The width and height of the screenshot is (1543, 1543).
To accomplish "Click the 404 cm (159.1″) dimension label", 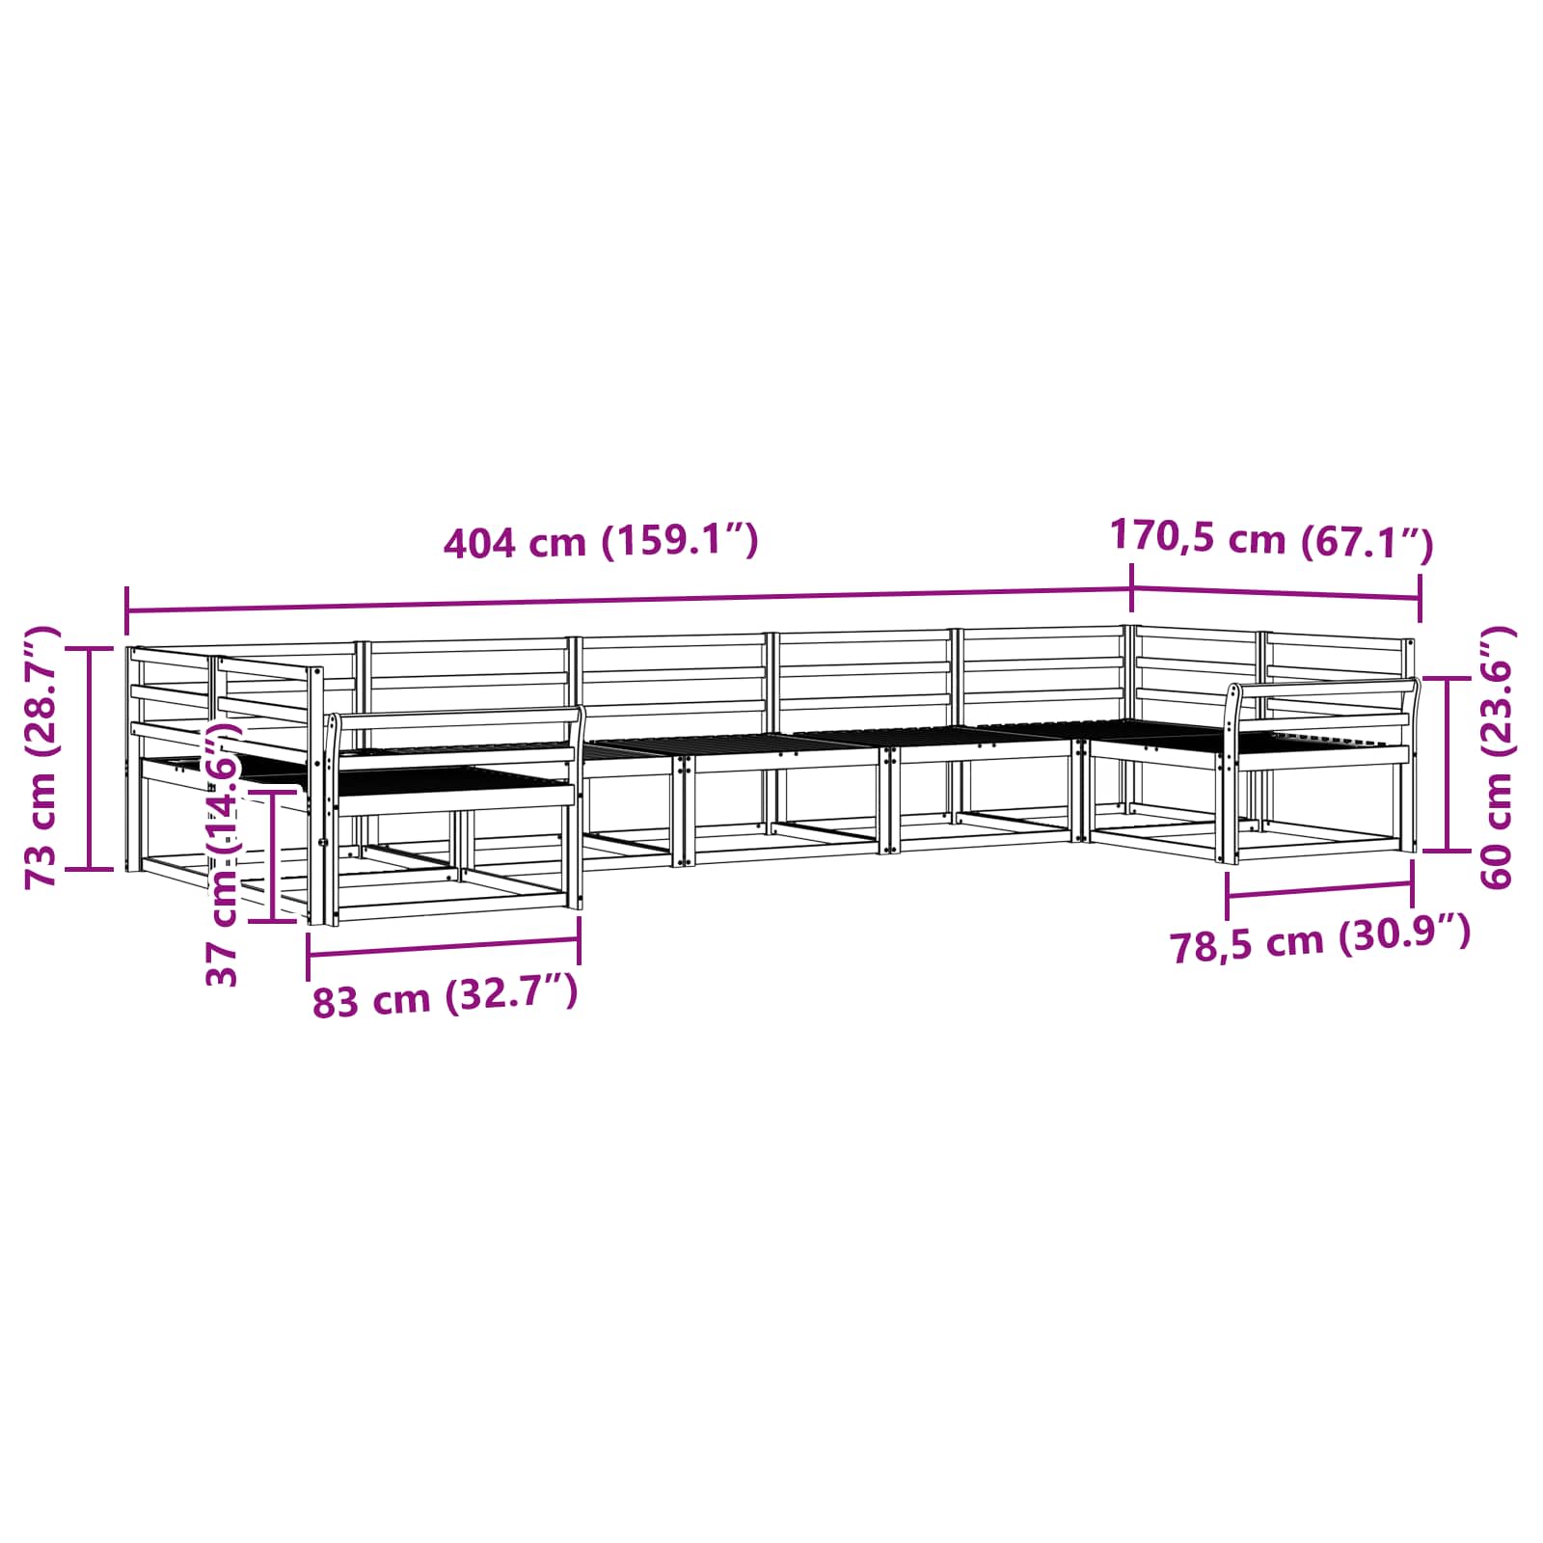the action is tap(601, 542).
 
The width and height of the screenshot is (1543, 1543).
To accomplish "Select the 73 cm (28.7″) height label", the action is tap(41, 757).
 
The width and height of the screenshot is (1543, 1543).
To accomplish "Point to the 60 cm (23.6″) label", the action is tap(1496, 757).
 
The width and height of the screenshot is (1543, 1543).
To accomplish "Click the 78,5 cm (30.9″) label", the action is tap(1320, 939).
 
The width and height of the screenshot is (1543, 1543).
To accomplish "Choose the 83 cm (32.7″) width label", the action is tap(445, 997).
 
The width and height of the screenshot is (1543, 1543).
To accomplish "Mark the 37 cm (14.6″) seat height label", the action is tap(222, 854).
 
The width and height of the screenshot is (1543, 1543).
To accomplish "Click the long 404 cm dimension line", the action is tap(629, 600).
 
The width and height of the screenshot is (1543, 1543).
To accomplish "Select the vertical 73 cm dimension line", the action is tap(90, 758).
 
